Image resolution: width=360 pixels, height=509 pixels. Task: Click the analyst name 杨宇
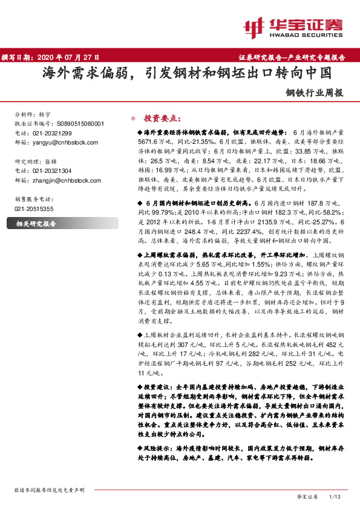tap(45, 114)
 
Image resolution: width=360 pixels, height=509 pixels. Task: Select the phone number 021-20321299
tap(51, 132)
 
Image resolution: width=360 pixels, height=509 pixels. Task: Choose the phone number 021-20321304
tap(51, 171)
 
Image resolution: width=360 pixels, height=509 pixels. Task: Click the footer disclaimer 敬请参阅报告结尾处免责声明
tap(49, 490)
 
